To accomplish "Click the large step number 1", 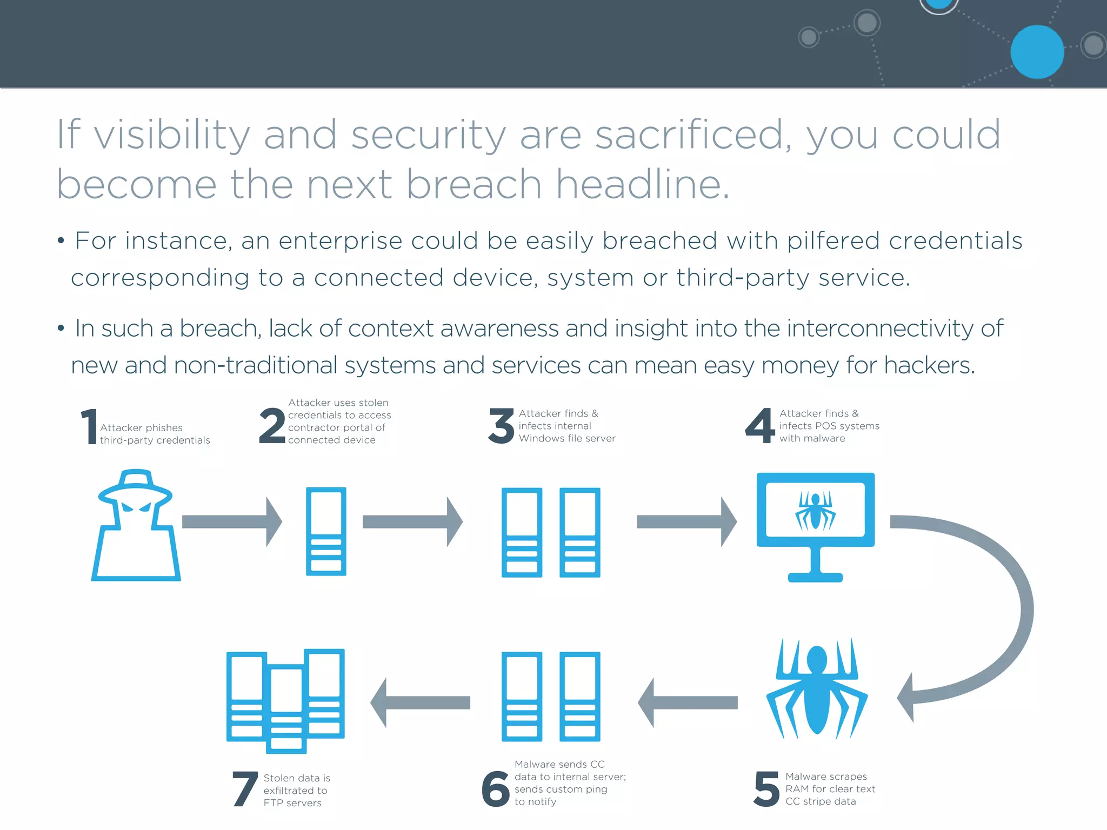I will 89,426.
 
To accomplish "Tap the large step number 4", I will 760,426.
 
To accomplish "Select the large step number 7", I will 244,788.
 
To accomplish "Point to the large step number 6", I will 496,788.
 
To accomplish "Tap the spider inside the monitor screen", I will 815,510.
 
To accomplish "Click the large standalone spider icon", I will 817,688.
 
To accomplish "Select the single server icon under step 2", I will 326,531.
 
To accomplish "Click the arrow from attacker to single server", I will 232,521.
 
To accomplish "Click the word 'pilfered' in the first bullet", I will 833,241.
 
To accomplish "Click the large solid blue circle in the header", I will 1037,52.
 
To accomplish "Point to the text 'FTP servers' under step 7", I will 292,803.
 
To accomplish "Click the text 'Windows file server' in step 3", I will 567,438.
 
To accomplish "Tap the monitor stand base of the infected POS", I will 815,577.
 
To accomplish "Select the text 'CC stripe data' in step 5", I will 821,801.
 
